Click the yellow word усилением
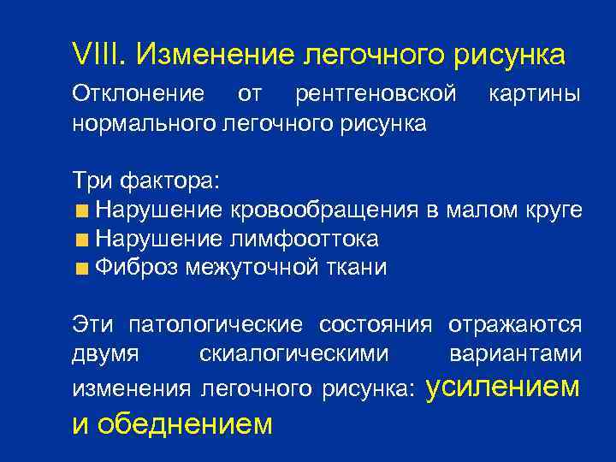point(502,387)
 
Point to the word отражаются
point(513,325)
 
